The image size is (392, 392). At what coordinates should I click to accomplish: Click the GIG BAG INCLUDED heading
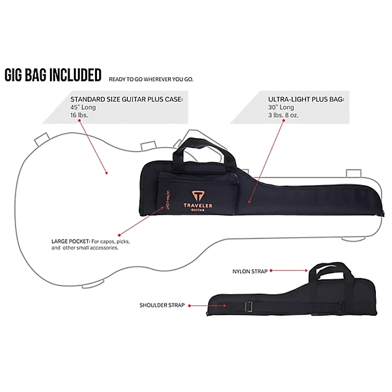[x=53, y=75]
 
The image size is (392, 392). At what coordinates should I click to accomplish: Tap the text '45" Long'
[x=83, y=107]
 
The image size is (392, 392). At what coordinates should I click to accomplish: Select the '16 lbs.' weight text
[x=80, y=116]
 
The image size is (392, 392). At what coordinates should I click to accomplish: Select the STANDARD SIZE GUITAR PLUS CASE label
[x=126, y=99]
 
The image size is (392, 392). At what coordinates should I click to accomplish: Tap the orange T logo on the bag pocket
[x=198, y=194]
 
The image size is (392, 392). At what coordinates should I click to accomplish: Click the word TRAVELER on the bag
[x=198, y=206]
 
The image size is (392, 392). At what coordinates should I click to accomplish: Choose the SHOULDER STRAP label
[x=162, y=305]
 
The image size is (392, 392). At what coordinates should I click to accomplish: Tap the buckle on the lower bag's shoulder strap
[x=249, y=308]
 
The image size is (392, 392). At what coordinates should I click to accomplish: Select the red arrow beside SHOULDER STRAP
[x=206, y=306]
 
